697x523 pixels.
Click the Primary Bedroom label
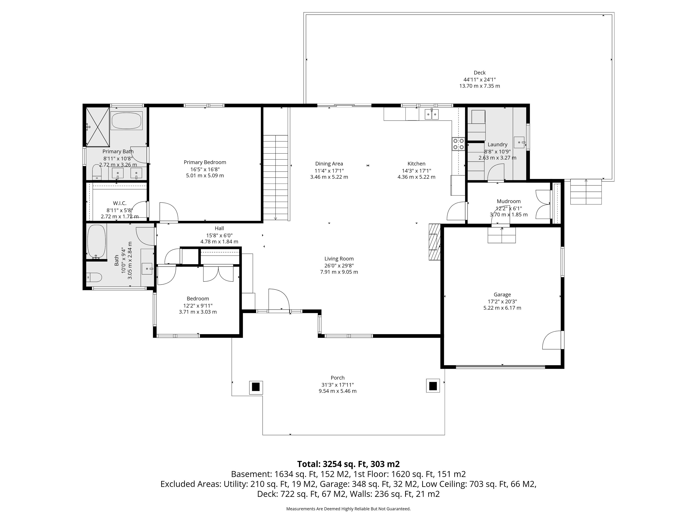[x=205, y=162]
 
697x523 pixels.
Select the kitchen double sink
[x=432, y=114]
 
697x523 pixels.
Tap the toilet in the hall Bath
[x=94, y=277]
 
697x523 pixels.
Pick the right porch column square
[x=433, y=386]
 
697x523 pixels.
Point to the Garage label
[x=502, y=295]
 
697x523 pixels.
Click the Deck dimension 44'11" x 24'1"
[x=480, y=79]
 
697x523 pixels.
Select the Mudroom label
[x=509, y=201]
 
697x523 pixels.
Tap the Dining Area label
[x=329, y=164]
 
